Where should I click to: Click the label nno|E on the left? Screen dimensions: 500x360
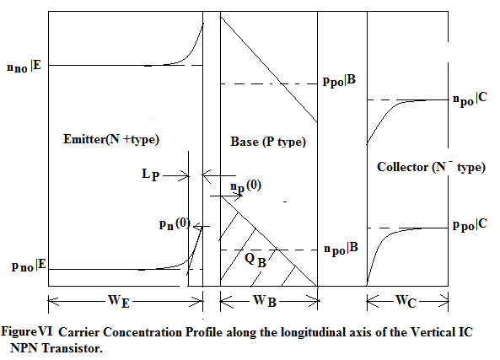click(24, 67)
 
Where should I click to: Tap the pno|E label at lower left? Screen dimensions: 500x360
click(29, 266)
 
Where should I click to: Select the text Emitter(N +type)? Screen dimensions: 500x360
click(111, 139)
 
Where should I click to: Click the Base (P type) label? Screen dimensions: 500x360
click(268, 142)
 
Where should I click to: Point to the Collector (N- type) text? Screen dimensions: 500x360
click(431, 166)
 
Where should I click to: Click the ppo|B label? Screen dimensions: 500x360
click(339, 80)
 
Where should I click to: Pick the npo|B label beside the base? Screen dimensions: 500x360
click(341, 249)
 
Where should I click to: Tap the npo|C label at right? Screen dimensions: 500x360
click(470, 99)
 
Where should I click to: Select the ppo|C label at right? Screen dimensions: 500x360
click(470, 225)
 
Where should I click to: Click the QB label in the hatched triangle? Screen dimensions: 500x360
click(255, 260)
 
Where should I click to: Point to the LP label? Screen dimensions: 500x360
click(151, 175)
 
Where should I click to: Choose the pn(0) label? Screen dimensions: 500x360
click(175, 224)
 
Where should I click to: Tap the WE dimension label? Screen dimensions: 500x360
click(119, 301)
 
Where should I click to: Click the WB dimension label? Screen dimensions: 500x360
click(265, 301)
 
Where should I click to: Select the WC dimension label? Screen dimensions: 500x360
click(406, 301)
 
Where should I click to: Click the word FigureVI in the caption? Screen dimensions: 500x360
click(27, 331)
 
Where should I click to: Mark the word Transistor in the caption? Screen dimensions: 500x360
click(73, 348)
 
